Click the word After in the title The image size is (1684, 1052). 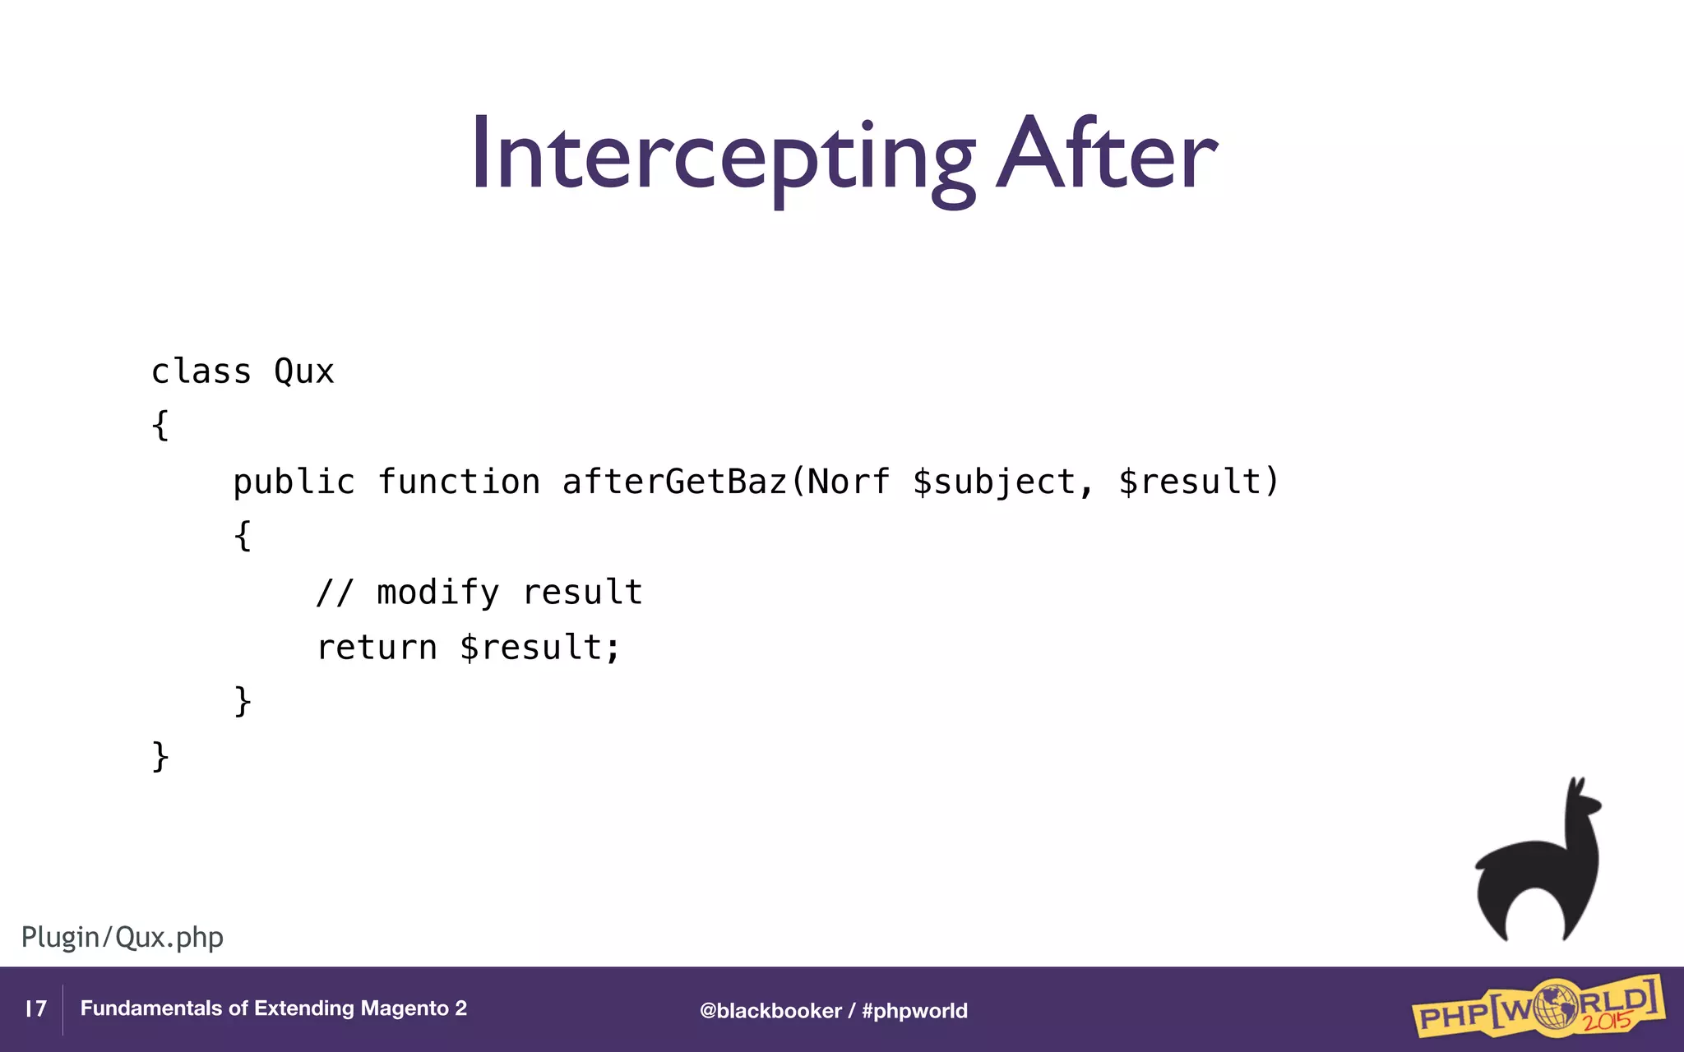coord(1105,155)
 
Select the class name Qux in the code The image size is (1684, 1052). coord(303,372)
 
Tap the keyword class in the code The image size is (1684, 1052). coord(201,371)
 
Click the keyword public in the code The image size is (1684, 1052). coord(294,482)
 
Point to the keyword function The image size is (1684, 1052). coord(459,482)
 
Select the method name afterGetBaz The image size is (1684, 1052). coord(673,482)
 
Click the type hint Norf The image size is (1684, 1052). coord(848,482)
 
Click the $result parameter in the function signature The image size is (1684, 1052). coord(1190,482)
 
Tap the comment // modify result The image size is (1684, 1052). coord(479,593)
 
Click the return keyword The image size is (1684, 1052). coord(377,648)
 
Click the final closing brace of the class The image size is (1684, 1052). coord(160,756)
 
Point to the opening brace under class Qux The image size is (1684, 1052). coord(160,426)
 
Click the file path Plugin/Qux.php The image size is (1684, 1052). coord(123,937)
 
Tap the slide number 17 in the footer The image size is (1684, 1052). coord(36,1008)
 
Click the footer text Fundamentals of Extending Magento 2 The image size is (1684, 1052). coord(273,1008)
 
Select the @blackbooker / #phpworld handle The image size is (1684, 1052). coord(833,1010)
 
